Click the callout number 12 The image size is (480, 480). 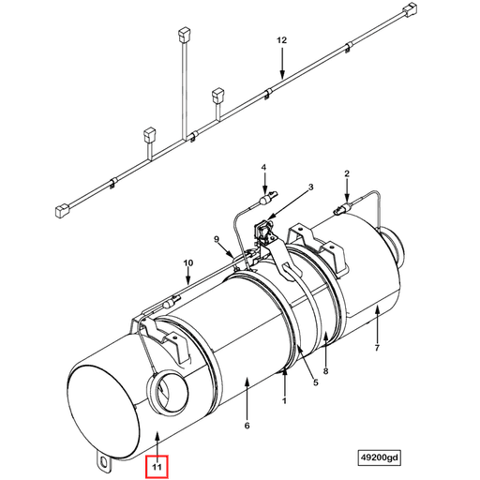pos(279,42)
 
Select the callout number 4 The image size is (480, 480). pos(264,168)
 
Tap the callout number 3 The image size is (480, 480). pos(311,187)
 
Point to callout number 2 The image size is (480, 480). pos(346,173)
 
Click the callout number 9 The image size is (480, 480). pos(217,240)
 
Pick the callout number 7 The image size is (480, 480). pos(378,349)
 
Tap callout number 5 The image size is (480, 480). pos(315,382)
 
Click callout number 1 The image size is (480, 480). pos(283,401)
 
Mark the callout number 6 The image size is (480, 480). pos(247,426)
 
